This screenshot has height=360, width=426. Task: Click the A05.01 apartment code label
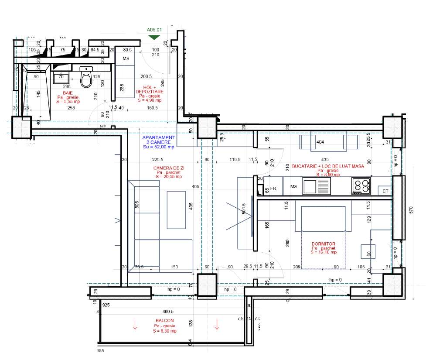coord(154,30)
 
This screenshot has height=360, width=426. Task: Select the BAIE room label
coord(68,93)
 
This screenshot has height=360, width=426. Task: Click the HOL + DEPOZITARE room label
coord(150,89)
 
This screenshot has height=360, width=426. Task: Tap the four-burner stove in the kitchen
coord(361,186)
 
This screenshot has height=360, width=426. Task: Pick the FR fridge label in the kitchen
coord(273,189)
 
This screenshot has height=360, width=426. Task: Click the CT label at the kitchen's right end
coord(385,191)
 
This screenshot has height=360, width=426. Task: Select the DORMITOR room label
coord(324,244)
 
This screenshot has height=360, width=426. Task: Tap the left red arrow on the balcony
coord(135,324)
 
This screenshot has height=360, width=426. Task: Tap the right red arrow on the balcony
coord(217,324)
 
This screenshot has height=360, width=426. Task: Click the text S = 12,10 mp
coord(324,252)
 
